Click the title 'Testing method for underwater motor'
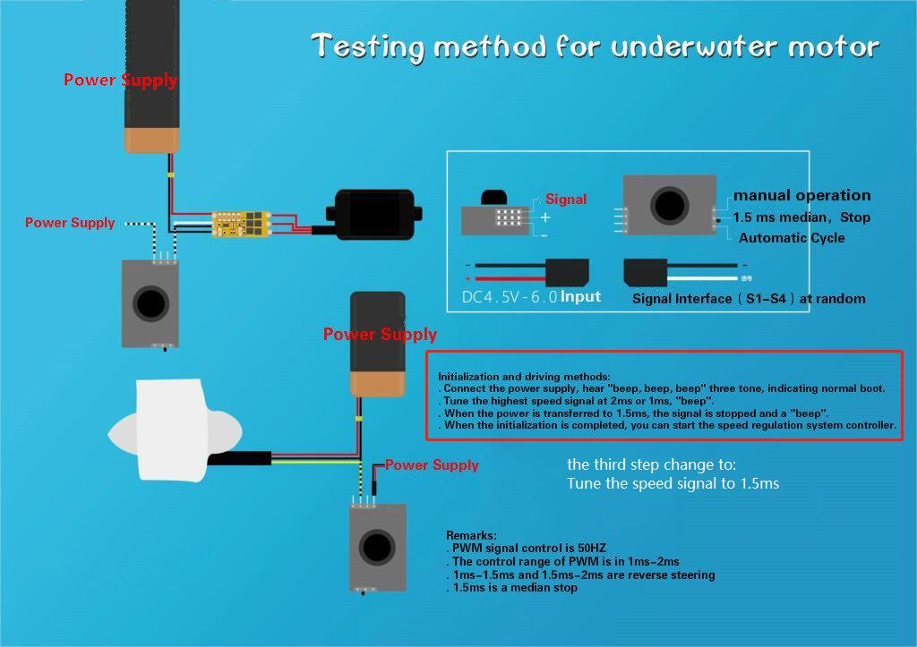pyautogui.click(x=595, y=47)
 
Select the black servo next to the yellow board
pyautogui.click(x=373, y=217)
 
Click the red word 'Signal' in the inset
pyautogui.click(x=566, y=200)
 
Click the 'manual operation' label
pyautogui.click(x=801, y=195)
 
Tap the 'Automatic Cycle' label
pyautogui.click(x=792, y=238)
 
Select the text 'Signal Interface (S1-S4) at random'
pyautogui.click(x=749, y=299)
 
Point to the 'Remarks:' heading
pyautogui.click(x=471, y=535)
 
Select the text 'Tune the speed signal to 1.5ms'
pyautogui.click(x=673, y=484)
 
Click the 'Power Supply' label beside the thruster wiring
pyautogui.click(x=433, y=465)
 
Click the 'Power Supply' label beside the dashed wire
pyautogui.click(x=70, y=223)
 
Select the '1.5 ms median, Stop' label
pyautogui.click(x=801, y=217)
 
